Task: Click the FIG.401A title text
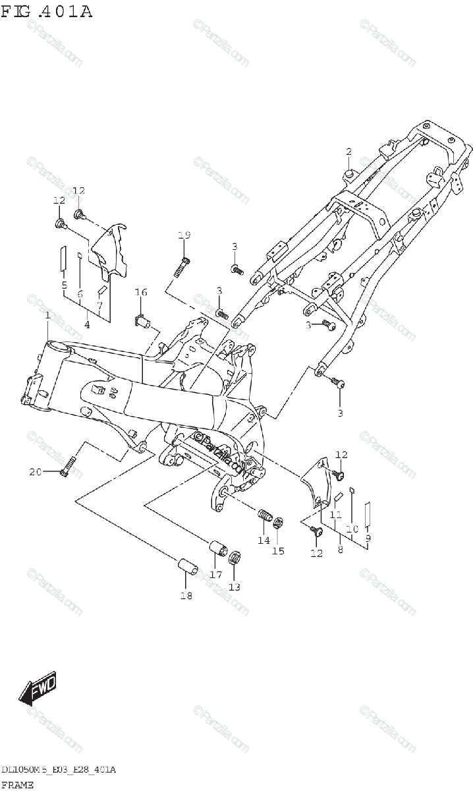46,11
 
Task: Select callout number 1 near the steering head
47,317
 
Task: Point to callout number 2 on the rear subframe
349,152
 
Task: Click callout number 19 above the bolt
184,235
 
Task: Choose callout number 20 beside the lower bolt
35,471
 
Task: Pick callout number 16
141,292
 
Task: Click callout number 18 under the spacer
186,596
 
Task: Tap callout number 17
215,574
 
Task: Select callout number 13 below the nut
235,587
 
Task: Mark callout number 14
264,541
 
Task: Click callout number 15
279,550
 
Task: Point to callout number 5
64,285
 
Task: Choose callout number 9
368,538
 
